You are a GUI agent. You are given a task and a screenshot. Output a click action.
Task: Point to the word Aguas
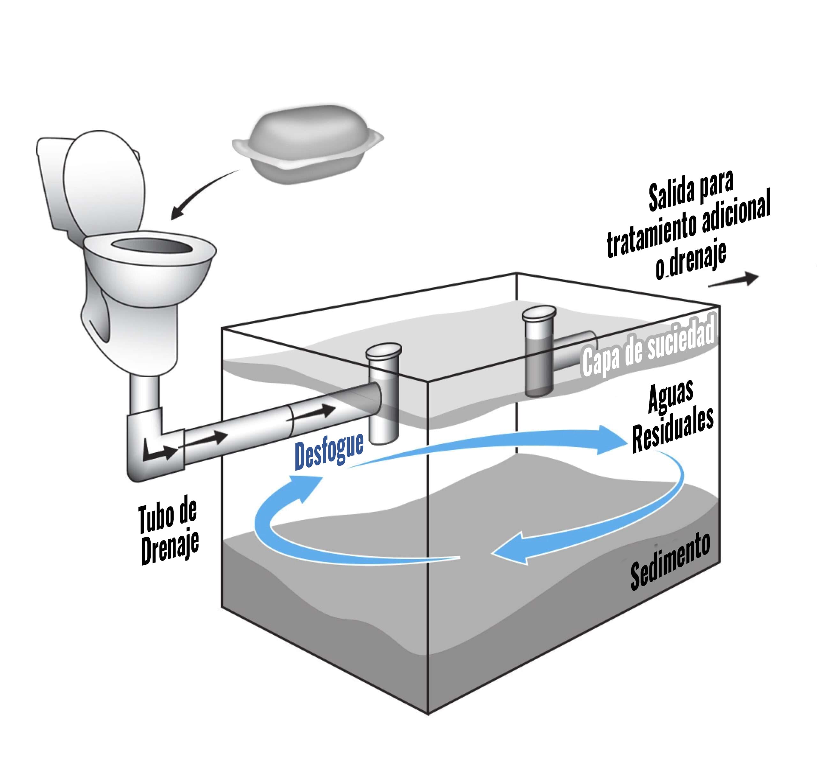click(x=671, y=397)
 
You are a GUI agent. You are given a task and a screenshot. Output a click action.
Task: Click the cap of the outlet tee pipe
click(x=539, y=313)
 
